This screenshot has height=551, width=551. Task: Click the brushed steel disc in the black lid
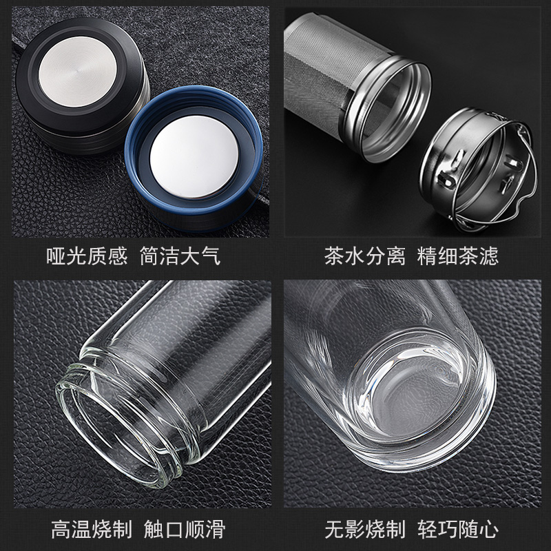pyautogui.click(x=78, y=72)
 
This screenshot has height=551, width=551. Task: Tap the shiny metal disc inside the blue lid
pyautogui.click(x=194, y=156)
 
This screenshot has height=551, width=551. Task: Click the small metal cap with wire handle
pyautogui.click(x=478, y=169)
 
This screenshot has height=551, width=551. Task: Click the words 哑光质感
pyautogui.click(x=87, y=256)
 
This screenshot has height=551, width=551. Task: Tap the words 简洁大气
pyautogui.click(x=180, y=256)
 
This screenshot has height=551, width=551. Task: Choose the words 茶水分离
pyautogui.click(x=365, y=256)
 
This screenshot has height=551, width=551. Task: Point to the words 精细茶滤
pyautogui.click(x=458, y=256)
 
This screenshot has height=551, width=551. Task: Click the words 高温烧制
pyautogui.click(x=92, y=529)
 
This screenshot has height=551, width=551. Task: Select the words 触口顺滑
pyautogui.click(x=185, y=529)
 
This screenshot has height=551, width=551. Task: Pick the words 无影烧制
pyautogui.click(x=365, y=529)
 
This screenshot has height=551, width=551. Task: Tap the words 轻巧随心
pyautogui.click(x=458, y=529)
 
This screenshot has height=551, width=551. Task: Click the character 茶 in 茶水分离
pyautogui.click(x=334, y=256)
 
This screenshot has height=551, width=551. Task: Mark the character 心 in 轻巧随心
pyautogui.click(x=489, y=529)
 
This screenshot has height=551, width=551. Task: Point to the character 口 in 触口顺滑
pyautogui.click(x=175, y=530)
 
